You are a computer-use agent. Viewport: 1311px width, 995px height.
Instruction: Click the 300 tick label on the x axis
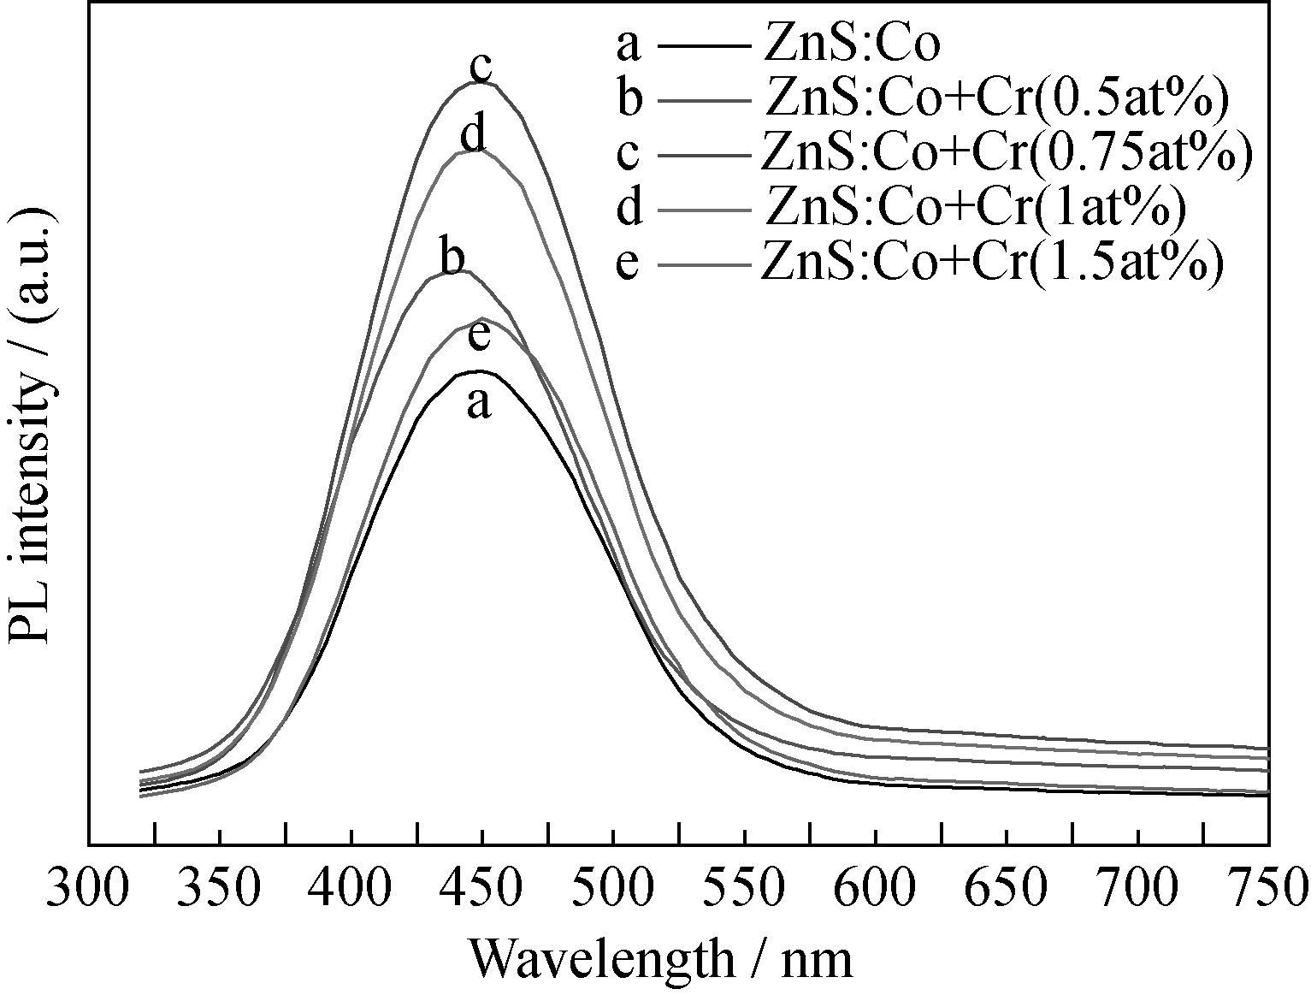[x=89, y=889]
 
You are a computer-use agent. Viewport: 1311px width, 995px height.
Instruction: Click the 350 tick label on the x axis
[x=221, y=889]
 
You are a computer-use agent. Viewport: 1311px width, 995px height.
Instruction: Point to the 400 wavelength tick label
[x=351, y=889]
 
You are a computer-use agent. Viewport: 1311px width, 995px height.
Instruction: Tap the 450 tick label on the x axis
[x=482, y=889]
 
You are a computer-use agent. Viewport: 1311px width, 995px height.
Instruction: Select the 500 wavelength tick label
[x=613, y=889]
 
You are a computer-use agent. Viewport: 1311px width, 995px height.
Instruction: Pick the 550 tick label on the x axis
[x=745, y=889]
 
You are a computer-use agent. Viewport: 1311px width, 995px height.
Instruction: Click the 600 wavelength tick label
[x=876, y=889]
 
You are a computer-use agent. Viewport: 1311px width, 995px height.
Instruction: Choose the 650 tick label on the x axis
[x=1007, y=889]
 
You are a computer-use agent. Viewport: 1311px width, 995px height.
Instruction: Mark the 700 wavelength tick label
[x=1137, y=889]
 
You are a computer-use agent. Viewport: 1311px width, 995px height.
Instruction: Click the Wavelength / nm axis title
[x=660, y=958]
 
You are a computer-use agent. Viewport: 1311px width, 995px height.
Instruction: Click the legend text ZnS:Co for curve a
[x=851, y=44]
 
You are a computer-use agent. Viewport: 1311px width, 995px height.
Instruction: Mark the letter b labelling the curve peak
[x=452, y=256]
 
